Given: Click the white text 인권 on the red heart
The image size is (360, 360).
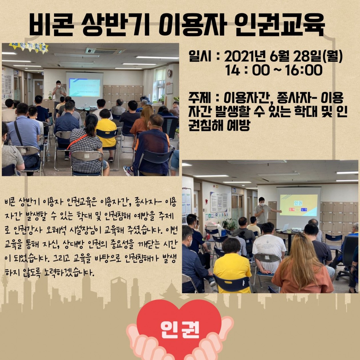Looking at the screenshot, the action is (x=180, y=332).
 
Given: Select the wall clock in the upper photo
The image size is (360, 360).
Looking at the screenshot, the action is (x=169, y=73).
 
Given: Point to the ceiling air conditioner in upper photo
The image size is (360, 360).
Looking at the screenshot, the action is (x=105, y=51).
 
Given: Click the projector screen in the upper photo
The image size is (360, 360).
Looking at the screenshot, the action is (x=85, y=87).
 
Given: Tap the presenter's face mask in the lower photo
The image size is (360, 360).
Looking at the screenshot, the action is (x=263, y=205).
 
